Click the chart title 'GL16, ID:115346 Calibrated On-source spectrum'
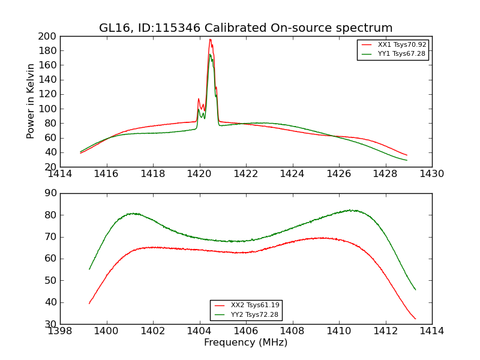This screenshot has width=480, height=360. coord(245,28)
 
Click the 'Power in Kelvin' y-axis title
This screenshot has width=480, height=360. coord(31,101)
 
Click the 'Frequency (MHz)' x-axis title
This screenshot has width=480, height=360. coord(245,343)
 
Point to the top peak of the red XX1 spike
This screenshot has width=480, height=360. coord(210,40)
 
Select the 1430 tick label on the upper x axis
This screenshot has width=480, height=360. coord(431,174)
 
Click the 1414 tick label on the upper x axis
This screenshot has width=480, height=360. coord(61,174)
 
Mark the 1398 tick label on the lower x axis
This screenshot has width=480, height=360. coord(61,331)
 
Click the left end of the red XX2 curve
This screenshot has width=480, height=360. coord(89,303)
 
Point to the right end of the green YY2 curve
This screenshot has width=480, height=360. coord(415,290)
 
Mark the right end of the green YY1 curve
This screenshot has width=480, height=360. coord(407,160)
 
